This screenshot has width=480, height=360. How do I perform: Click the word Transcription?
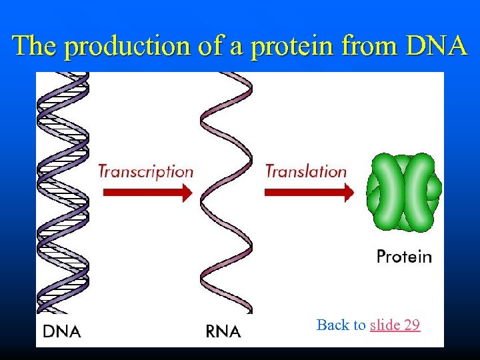[145, 171]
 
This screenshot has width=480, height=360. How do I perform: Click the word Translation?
[306, 171]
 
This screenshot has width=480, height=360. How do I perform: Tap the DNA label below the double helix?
[62, 331]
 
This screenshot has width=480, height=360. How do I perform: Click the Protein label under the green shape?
[404, 257]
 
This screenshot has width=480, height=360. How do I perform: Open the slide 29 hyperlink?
[395, 325]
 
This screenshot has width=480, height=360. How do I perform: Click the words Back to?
[341, 325]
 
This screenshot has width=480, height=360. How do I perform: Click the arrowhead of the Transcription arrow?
[187, 193]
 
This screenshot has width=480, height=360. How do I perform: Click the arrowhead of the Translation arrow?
[348, 193]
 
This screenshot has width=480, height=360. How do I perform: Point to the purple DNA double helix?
[63, 193]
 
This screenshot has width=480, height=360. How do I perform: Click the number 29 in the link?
[411, 325]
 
